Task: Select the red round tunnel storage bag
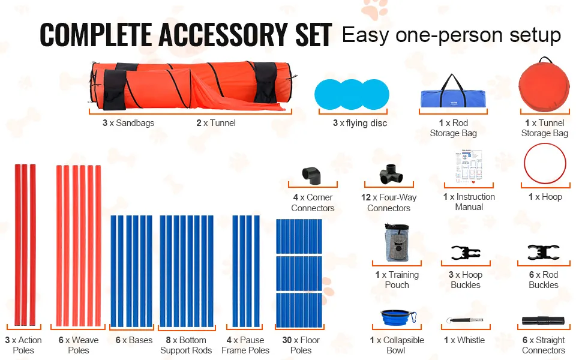click(x=544, y=86)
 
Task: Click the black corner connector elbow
click(x=311, y=176)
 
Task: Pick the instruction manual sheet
click(x=469, y=166)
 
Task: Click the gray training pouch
click(x=397, y=242)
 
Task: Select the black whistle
click(x=465, y=320)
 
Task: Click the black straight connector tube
click(x=543, y=320)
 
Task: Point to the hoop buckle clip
click(x=466, y=253)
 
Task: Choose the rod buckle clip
click(x=544, y=253)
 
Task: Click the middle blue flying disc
click(x=352, y=94)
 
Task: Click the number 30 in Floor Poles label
click(x=287, y=340)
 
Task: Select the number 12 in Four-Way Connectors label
click(x=366, y=197)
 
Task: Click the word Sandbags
click(x=135, y=123)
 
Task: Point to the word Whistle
click(x=471, y=340)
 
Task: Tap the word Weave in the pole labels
click(x=85, y=340)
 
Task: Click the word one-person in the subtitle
click(x=449, y=35)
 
